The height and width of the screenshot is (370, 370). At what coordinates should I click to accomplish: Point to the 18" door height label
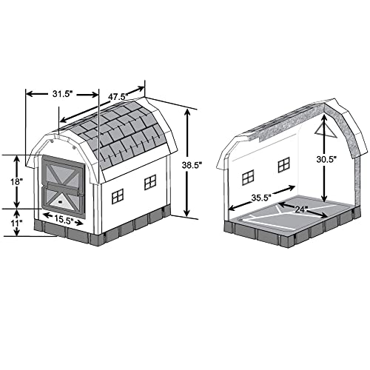point(16,180)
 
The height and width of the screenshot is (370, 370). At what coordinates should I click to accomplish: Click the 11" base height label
point(16,222)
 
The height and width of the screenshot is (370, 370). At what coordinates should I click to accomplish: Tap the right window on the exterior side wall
point(150,182)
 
